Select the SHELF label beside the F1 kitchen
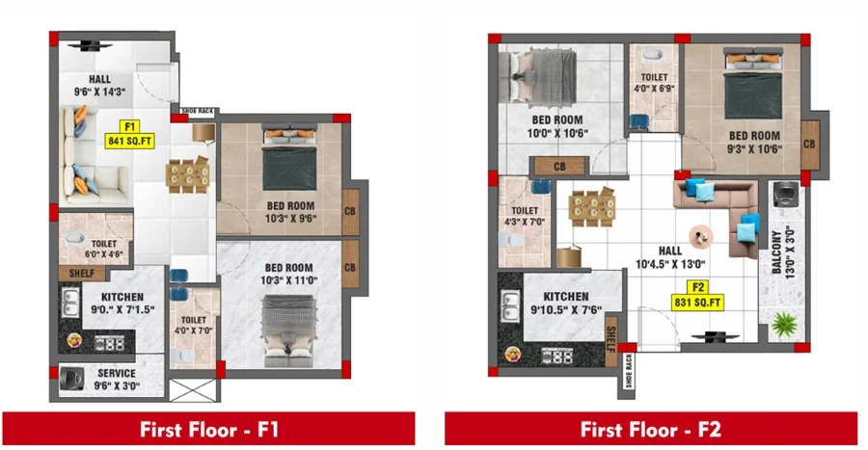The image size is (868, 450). (x=82, y=273)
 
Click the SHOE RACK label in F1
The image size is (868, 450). (x=198, y=111)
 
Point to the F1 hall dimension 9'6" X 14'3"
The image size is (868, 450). (x=99, y=92)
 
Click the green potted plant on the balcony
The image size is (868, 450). (x=783, y=325)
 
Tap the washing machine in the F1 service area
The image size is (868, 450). (x=71, y=379)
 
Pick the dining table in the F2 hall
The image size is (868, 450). (x=592, y=207)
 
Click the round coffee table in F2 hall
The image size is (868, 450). (x=701, y=237)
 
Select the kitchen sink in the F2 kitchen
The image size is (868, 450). (x=510, y=305)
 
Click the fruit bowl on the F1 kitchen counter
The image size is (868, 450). (x=74, y=340)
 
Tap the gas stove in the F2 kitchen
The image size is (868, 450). (x=557, y=356)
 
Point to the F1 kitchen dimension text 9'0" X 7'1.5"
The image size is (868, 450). (x=122, y=310)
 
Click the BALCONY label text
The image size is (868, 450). (x=777, y=252)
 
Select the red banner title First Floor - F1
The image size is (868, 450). (x=208, y=430)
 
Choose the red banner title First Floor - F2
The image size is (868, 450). (x=650, y=430)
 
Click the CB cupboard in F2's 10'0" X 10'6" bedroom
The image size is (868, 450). (x=559, y=167)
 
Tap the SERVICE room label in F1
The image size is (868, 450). (x=117, y=373)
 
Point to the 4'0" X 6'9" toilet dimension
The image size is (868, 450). (x=654, y=89)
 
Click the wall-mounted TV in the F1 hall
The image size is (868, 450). (x=91, y=46)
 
